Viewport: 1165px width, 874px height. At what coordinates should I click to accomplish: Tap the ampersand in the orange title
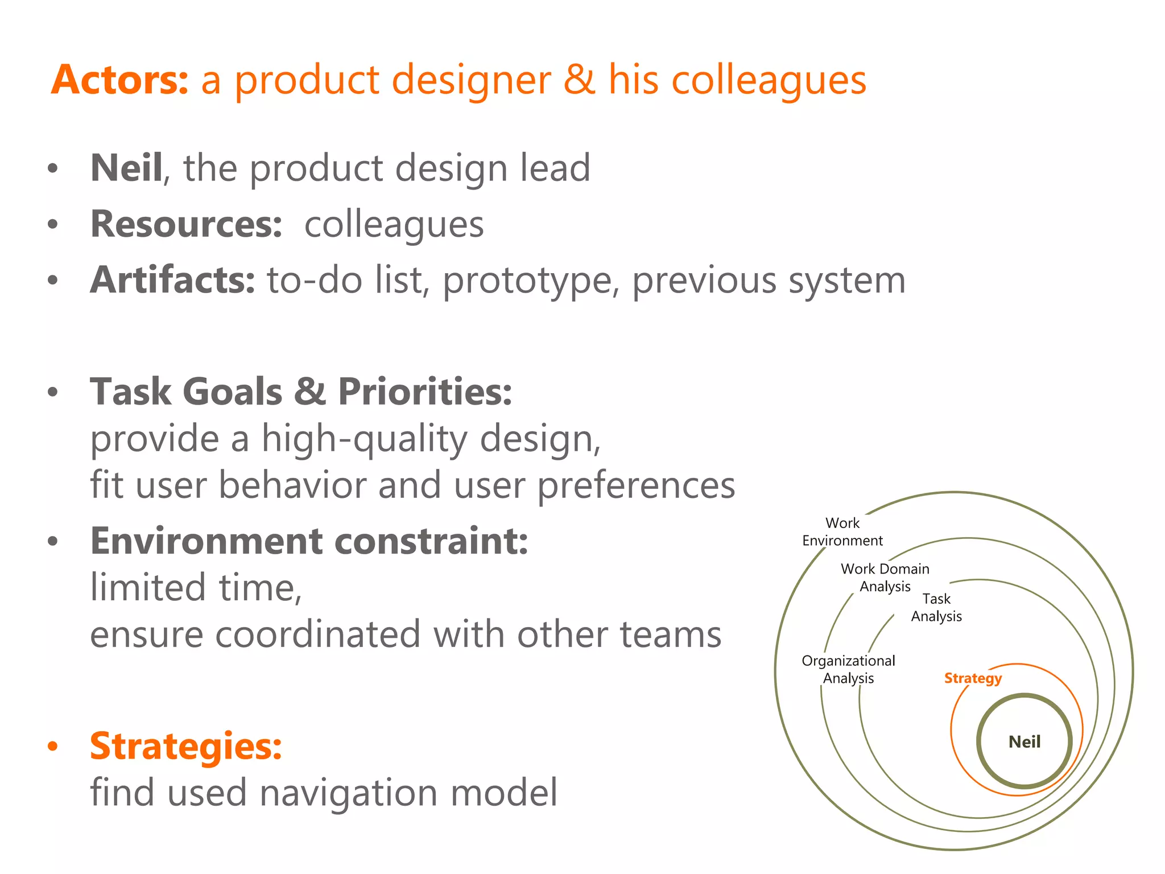tap(579, 80)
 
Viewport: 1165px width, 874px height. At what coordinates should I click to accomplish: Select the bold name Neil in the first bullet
tap(126, 168)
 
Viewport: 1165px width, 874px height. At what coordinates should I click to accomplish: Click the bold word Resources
tap(186, 224)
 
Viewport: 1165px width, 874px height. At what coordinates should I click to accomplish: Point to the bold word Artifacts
tap(172, 280)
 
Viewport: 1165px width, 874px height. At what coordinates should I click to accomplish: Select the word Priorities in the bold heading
tap(425, 392)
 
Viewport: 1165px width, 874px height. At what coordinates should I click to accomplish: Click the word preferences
tap(636, 486)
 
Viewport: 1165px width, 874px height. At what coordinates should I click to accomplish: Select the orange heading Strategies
tap(186, 746)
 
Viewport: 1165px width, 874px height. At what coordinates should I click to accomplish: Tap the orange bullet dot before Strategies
tap(53, 747)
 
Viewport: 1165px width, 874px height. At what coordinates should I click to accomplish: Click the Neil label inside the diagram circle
tap(1024, 742)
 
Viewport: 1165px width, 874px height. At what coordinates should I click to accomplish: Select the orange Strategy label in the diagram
tap(973, 678)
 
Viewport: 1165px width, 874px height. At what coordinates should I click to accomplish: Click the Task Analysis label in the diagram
tap(936, 608)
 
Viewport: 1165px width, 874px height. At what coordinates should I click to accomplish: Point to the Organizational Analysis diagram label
tap(848, 669)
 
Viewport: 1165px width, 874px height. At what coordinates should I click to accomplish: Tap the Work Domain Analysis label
tap(885, 578)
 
